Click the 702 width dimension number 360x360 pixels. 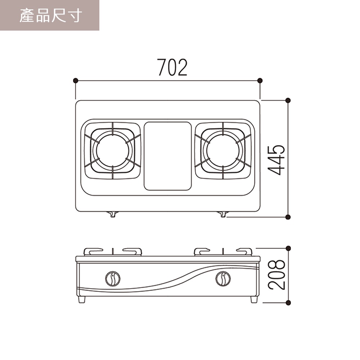point(172,67)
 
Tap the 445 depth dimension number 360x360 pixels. point(276,160)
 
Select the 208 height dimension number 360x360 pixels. point(276,275)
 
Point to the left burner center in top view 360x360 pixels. point(113,150)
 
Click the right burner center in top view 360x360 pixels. point(223,150)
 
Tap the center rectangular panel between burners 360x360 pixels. point(168,156)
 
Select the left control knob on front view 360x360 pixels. point(113,279)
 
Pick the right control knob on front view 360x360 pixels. point(223,279)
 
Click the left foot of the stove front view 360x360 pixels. point(82,300)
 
